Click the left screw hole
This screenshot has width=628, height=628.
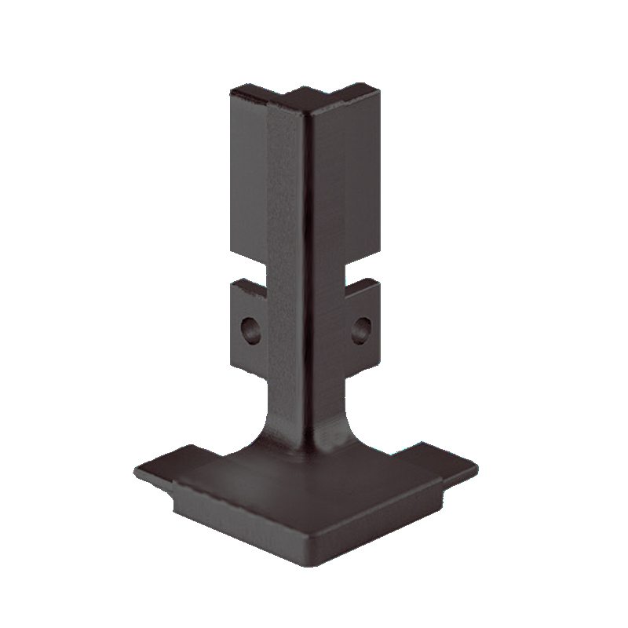(250, 330)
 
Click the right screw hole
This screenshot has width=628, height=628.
(362, 329)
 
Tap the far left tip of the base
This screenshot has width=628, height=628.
(137, 472)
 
